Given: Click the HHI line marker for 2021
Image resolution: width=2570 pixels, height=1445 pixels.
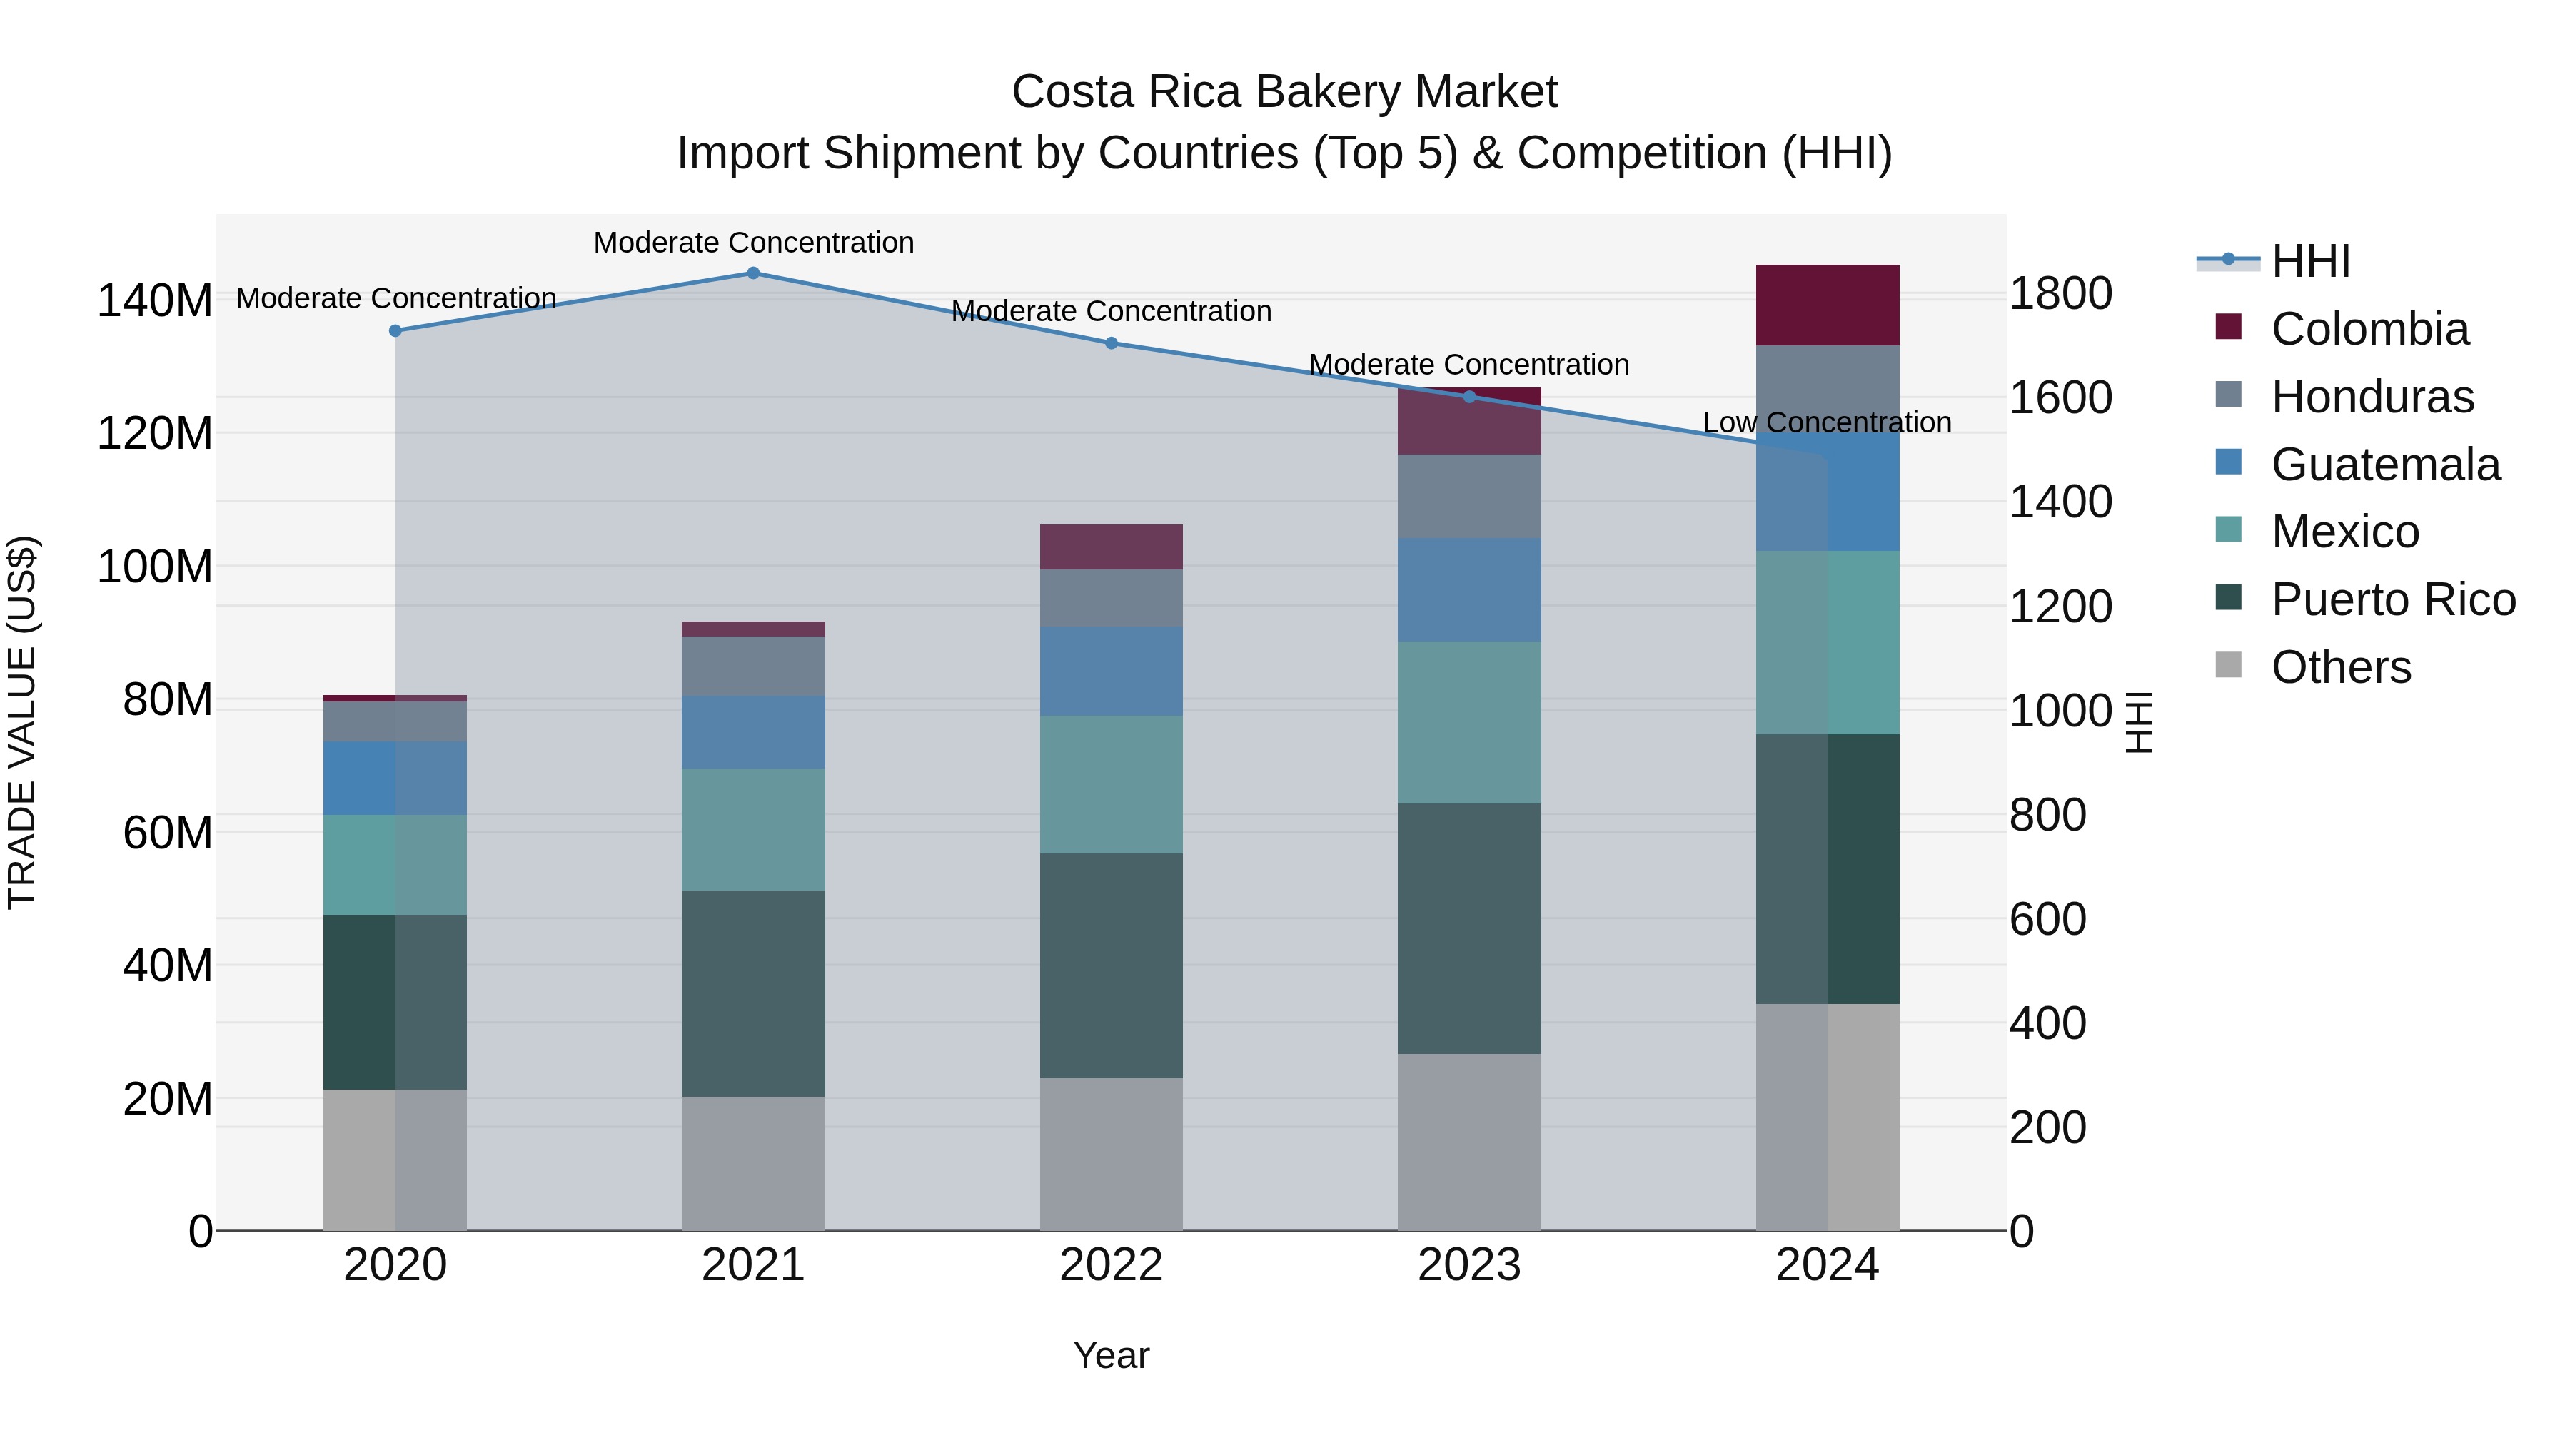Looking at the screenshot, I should [x=753, y=273].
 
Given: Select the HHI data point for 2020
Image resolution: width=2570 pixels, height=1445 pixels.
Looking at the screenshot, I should [x=395, y=331].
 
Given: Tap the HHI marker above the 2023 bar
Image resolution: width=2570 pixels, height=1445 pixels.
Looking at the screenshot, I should [x=1468, y=397].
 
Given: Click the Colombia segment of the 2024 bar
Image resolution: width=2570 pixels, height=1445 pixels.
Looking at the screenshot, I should [x=1827, y=305].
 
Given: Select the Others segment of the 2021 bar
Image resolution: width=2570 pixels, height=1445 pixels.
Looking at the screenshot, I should [x=753, y=1163].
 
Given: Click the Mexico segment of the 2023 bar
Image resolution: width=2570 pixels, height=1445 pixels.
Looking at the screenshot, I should [x=1468, y=722].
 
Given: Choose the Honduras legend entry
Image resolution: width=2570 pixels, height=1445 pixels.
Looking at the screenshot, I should [x=2372, y=397].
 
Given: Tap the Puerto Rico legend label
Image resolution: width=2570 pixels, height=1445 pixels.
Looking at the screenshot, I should [x=2392, y=599].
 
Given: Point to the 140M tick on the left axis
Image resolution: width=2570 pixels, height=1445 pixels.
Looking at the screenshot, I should [x=155, y=300].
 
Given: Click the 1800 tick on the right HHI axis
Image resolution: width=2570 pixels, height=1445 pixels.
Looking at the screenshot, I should [x=2059, y=294].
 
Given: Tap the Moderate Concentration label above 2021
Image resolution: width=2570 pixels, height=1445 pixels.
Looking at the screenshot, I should [x=753, y=243].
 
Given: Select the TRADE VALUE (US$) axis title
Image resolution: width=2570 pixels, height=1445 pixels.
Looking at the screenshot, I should [x=22, y=722].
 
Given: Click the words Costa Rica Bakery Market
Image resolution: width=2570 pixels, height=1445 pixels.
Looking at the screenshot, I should [x=1284, y=92].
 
